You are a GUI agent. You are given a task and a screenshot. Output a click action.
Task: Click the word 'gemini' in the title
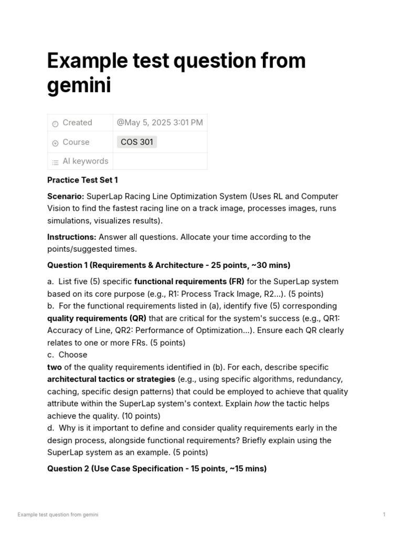79,85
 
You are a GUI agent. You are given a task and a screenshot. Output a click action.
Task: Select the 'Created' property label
77,123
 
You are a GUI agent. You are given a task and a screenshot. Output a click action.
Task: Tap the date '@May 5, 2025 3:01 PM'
160,123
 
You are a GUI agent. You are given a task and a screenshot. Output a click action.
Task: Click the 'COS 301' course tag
136,142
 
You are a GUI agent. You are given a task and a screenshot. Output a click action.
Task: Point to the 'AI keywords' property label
85,162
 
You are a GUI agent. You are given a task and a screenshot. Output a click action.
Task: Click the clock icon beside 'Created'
55,123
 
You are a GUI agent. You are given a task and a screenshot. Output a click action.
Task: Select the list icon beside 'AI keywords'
55,162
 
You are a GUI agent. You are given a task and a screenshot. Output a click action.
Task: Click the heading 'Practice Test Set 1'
82,180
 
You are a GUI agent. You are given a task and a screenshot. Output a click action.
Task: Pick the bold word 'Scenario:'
66,196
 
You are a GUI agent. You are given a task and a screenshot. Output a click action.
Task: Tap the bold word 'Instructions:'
72,237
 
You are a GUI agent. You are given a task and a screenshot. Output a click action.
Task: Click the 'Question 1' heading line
168,265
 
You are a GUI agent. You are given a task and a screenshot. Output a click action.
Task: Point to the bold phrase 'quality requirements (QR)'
97,318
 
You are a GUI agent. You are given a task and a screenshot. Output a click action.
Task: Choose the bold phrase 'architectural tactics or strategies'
111,379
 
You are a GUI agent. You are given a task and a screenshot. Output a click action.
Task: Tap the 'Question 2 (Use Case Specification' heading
157,468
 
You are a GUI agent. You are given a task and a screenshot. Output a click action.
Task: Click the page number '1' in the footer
384,514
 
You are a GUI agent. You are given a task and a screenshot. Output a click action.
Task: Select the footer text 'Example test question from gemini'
58,514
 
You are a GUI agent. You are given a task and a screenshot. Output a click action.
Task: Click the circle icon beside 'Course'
55,143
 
